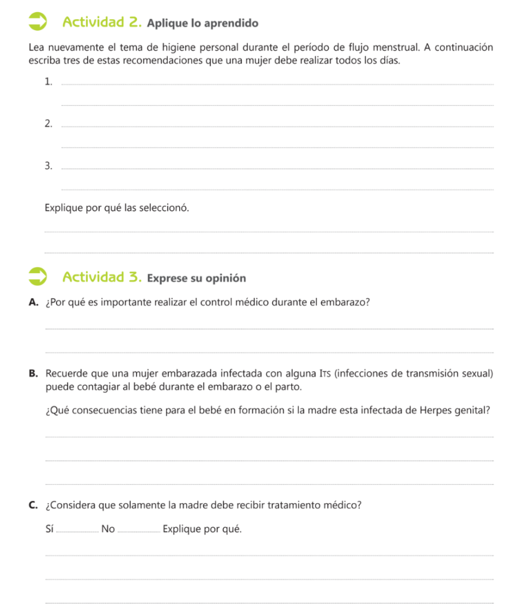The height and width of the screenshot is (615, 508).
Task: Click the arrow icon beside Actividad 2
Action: pos(38,22)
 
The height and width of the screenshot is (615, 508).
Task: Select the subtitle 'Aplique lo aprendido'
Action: pos(202,24)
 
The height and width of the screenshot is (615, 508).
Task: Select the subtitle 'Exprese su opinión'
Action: pos(197,279)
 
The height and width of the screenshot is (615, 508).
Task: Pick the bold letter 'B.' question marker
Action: pos(34,374)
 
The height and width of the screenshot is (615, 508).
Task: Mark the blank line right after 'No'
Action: pos(140,531)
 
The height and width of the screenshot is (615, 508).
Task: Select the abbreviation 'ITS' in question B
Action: pos(325,374)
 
